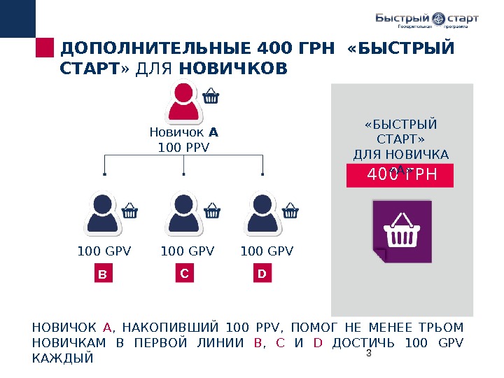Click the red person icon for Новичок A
tap(183, 102)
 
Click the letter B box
tap(104, 275)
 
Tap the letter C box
tap(184, 274)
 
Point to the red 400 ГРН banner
tap(400, 176)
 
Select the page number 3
tap(368, 354)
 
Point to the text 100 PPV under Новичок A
tap(184, 147)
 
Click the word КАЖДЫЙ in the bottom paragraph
tap(63, 358)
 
